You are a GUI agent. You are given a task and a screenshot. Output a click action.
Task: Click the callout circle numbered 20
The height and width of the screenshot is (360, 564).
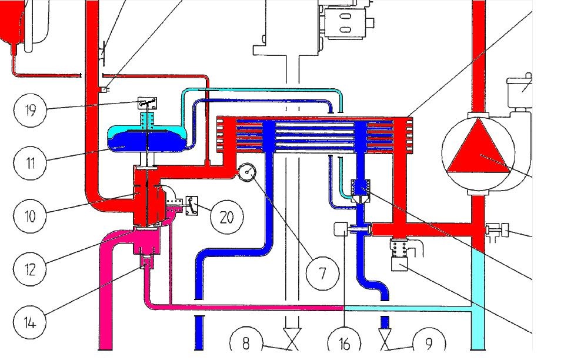pos(226,217)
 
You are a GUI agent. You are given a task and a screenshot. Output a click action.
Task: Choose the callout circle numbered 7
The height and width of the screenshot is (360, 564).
pos(322,273)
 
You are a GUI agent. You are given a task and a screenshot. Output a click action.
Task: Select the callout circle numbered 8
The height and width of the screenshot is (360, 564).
pos(245,342)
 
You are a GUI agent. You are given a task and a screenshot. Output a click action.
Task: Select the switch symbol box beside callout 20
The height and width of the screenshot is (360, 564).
pos(192,205)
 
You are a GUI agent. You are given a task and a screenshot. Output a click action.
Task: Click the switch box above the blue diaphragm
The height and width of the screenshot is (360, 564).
pos(147,103)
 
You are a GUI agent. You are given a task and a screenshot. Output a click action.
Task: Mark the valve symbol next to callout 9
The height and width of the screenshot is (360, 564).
pos(385,339)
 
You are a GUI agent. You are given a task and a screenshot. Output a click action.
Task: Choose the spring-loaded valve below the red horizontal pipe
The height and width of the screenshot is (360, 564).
pos(400,253)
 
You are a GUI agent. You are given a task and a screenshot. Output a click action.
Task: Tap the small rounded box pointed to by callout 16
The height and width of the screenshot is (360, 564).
pos(342,229)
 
